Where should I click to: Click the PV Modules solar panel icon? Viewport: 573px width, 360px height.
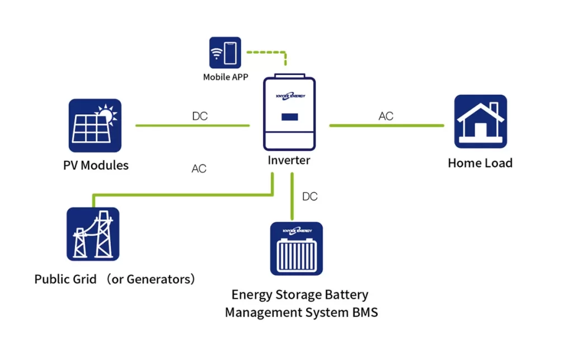click(95, 125)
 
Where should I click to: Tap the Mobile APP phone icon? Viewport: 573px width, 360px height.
click(225, 53)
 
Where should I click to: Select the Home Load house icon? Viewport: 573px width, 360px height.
click(480, 121)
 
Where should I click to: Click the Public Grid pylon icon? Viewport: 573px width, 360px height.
click(93, 233)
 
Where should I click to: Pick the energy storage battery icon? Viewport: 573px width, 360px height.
click(296, 249)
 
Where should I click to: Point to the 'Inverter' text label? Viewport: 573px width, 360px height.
click(289, 160)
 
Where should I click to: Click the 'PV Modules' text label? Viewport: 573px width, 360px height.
click(96, 165)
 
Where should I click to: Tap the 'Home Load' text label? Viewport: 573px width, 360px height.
click(480, 163)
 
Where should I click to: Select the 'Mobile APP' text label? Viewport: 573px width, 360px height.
click(225, 77)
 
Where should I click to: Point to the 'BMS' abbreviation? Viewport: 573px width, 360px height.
click(363, 312)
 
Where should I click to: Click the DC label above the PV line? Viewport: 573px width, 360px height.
click(200, 116)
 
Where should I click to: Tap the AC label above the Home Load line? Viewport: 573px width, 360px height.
click(386, 116)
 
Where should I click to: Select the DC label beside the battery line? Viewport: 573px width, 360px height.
click(309, 197)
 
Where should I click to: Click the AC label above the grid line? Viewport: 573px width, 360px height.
click(199, 169)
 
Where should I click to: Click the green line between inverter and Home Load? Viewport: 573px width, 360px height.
click(386, 125)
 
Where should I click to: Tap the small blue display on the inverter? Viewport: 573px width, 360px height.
click(289, 118)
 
